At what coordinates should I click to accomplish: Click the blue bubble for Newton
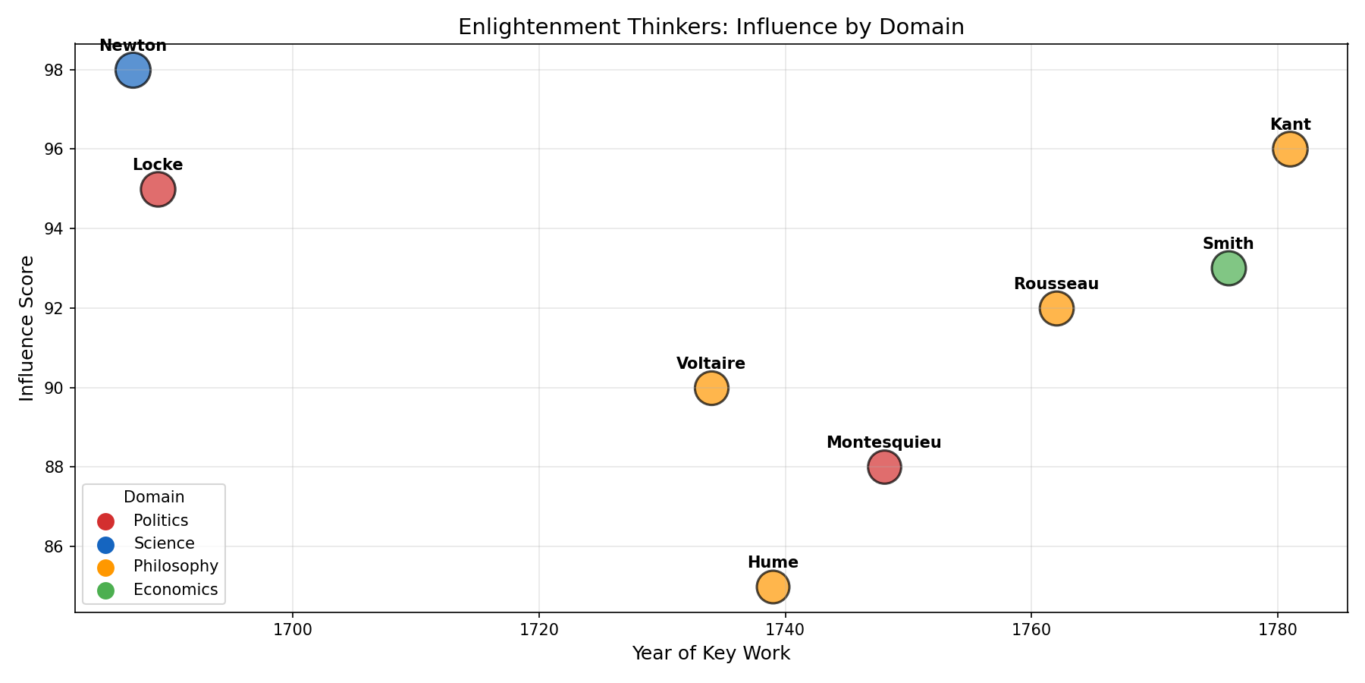(133, 71)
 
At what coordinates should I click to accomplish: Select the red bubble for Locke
(158, 190)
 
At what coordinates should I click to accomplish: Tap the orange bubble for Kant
(1290, 150)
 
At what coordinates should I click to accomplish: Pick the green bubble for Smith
(1228, 268)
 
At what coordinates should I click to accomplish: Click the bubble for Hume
(773, 587)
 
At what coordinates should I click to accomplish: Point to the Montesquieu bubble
(884, 467)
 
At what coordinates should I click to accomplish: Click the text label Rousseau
(1056, 285)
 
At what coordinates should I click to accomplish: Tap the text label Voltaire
(711, 364)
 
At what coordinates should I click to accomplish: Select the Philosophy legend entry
(175, 567)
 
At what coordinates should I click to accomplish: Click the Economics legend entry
(175, 590)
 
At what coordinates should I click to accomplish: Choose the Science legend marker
(106, 544)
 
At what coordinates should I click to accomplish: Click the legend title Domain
(154, 498)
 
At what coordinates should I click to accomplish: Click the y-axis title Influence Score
(27, 328)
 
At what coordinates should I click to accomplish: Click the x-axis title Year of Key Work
(711, 653)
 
